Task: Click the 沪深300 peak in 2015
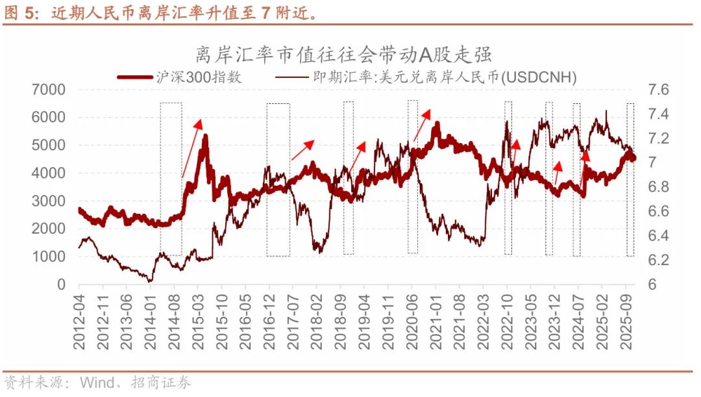(x=205, y=136)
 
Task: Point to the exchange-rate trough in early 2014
(x=151, y=281)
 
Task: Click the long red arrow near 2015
(x=191, y=148)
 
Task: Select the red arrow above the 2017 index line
(x=302, y=149)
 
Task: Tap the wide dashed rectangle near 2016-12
(x=278, y=179)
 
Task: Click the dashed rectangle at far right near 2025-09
(x=630, y=179)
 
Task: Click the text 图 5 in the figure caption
(x=18, y=13)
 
